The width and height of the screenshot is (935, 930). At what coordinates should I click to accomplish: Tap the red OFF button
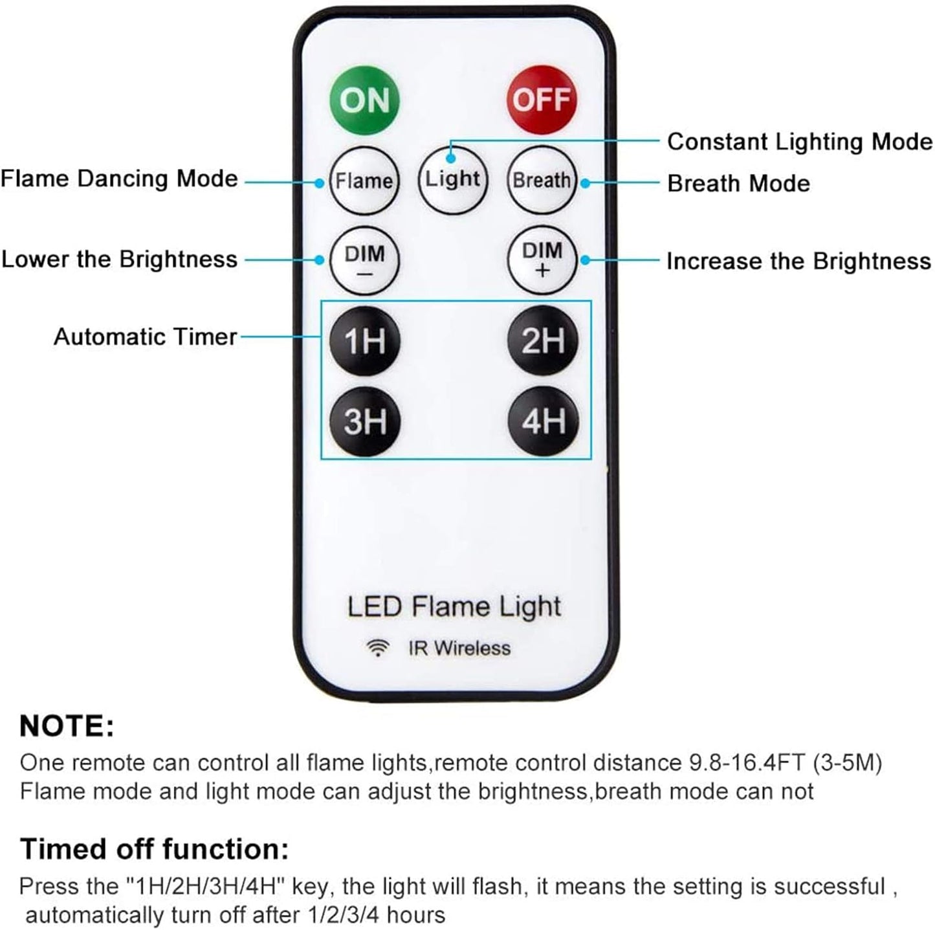(541, 100)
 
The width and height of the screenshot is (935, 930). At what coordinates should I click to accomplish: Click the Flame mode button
(364, 181)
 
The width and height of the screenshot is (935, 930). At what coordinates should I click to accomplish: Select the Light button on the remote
(452, 179)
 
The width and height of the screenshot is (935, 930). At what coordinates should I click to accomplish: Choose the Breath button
(542, 181)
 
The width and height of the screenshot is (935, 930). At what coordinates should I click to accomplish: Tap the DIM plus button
(542, 260)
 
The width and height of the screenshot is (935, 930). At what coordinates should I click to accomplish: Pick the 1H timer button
(364, 340)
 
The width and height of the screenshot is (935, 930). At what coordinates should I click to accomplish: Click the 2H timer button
(542, 340)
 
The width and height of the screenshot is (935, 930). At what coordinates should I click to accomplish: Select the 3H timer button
(364, 421)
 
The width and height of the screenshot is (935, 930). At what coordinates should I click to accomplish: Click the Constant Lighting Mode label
(799, 142)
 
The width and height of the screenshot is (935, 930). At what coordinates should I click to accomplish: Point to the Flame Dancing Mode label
(119, 179)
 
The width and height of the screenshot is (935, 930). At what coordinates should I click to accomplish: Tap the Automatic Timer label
(146, 337)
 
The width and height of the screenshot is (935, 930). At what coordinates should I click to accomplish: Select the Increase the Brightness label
(798, 261)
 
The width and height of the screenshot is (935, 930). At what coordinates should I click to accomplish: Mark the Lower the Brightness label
(120, 260)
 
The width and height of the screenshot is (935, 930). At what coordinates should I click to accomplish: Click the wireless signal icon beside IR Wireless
(378, 648)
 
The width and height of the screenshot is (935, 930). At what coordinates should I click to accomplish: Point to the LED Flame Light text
(454, 607)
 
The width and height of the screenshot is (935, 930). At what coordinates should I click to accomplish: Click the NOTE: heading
(67, 726)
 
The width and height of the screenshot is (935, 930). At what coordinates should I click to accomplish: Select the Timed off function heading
(154, 849)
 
